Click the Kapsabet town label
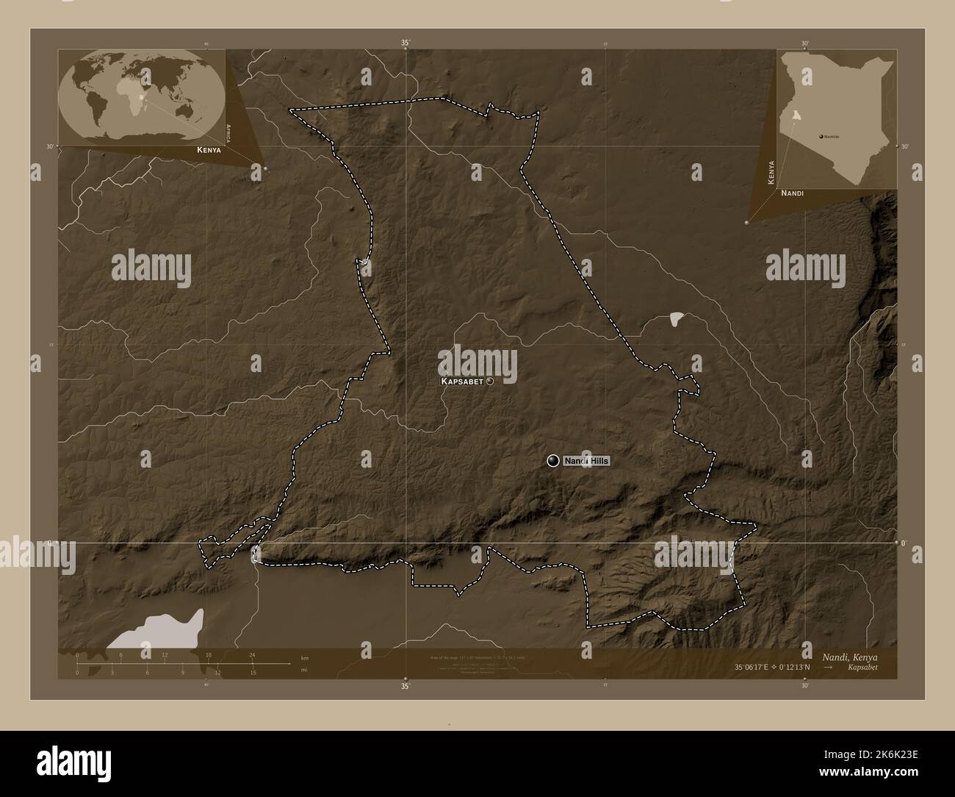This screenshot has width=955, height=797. tap(462, 382)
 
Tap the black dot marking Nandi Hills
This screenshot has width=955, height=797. tap(553, 460)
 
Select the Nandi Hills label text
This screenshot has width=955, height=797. tap(585, 461)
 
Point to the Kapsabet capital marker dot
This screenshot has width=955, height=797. tap(489, 382)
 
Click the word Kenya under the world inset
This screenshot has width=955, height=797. tap(209, 149)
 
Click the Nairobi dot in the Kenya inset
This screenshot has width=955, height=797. tap(821, 137)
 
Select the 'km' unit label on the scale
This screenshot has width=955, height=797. tap(305, 658)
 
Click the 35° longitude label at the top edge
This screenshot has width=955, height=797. tap(406, 43)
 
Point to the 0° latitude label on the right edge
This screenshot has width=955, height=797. tap(904, 543)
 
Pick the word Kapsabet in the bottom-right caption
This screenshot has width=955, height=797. tap(861, 668)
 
